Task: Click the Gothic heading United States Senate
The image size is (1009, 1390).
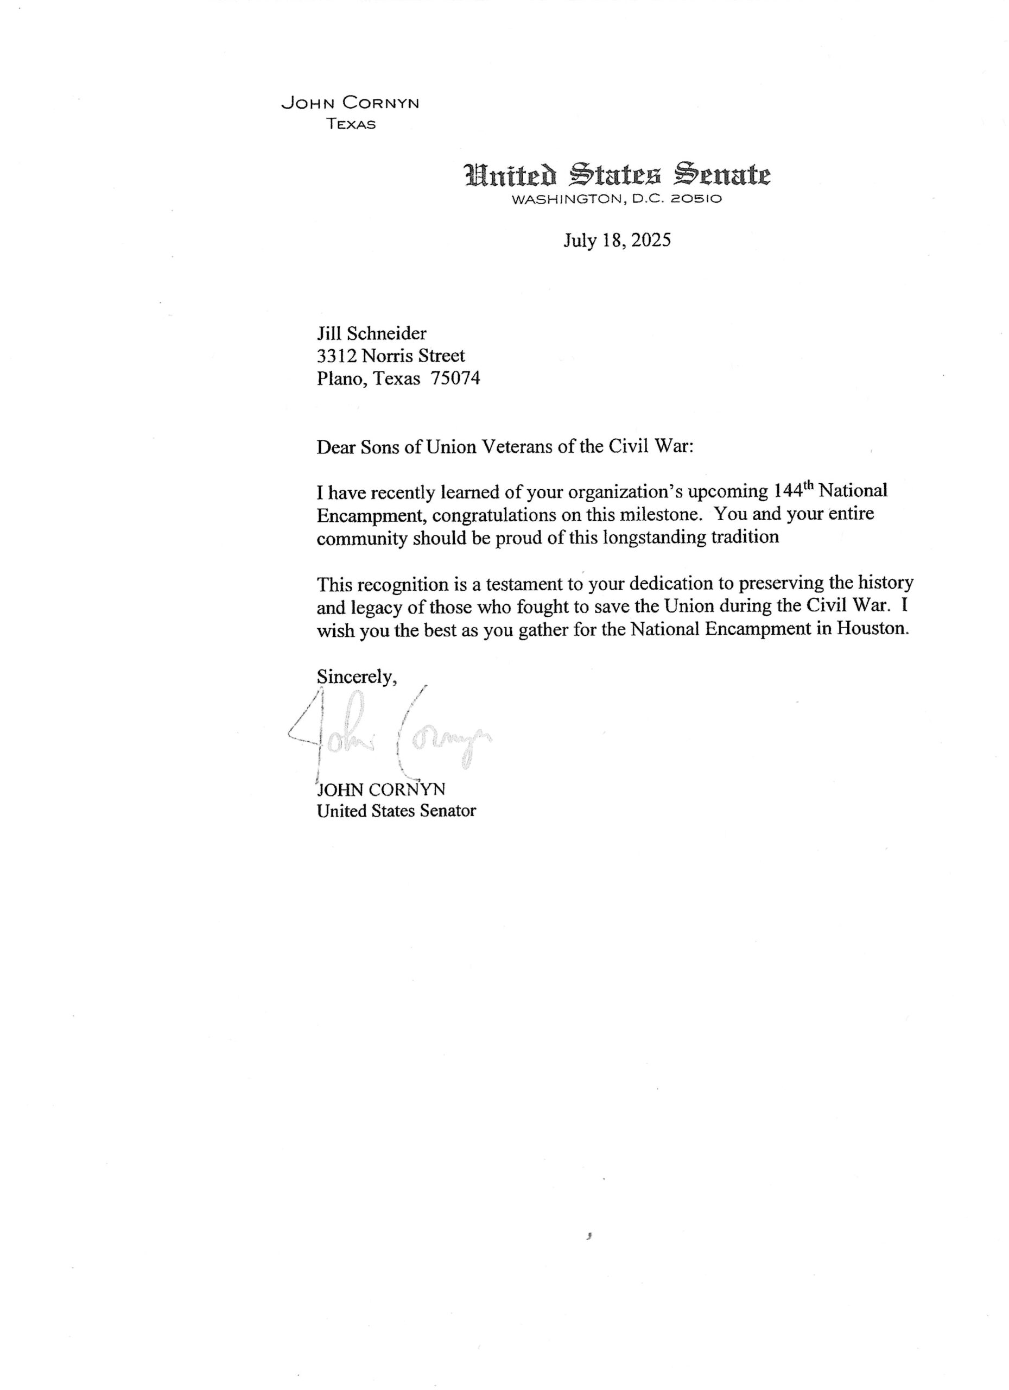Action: [617, 175]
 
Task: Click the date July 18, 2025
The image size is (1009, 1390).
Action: [617, 239]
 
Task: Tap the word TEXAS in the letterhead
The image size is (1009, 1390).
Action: [351, 124]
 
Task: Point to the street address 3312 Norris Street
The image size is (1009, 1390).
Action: [390, 356]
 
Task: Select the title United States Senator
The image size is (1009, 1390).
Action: [396, 810]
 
